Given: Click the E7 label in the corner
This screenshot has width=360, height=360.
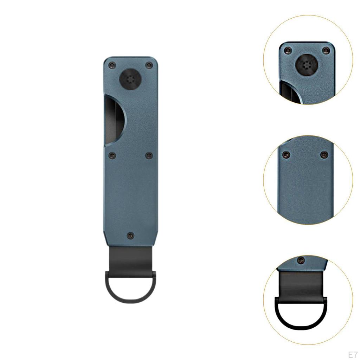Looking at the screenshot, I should (353, 353).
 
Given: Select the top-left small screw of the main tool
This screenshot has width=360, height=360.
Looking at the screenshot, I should (112, 65).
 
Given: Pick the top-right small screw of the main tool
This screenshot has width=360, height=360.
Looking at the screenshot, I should (149, 65).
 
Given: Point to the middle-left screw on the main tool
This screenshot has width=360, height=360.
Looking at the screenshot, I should (112, 155).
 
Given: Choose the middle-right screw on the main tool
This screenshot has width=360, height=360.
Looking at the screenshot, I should (149, 155).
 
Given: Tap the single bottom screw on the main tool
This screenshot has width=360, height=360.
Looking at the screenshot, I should (130, 235).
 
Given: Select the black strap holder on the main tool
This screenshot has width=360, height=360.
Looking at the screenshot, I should (130, 258).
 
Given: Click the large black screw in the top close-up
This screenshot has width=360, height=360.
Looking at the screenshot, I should (305, 65).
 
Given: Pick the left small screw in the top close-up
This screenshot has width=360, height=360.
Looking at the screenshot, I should (288, 50).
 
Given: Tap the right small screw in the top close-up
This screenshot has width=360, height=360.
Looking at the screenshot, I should (325, 51).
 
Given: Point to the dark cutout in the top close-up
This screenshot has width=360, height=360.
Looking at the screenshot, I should (288, 92).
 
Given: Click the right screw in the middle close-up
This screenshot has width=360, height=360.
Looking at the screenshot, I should (324, 155).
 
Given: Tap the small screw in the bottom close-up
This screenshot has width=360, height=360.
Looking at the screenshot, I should (301, 261).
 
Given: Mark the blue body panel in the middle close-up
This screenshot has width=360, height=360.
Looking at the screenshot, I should (306, 190).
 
